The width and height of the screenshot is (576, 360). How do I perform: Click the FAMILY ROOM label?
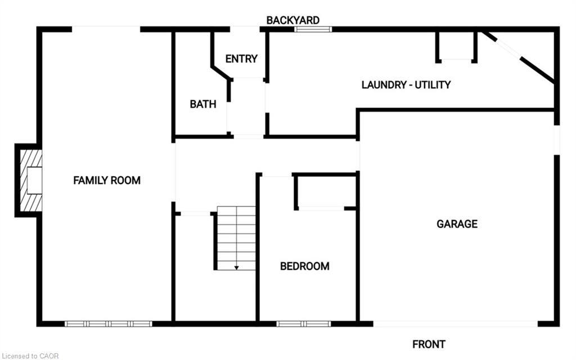(107, 181)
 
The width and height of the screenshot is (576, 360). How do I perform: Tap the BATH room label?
(202, 104)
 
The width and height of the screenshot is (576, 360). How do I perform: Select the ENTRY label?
(241, 58)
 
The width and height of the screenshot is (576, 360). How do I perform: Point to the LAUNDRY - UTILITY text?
(406, 85)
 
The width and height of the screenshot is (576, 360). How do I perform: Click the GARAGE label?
(457, 224)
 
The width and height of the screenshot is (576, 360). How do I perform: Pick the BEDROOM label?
(304, 266)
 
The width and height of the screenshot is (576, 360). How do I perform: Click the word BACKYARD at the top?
(292, 20)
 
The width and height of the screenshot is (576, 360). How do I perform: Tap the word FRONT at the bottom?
(429, 344)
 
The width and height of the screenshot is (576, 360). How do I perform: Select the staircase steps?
(236, 236)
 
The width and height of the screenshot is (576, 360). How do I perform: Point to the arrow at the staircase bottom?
(236, 267)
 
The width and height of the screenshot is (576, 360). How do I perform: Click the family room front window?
(108, 323)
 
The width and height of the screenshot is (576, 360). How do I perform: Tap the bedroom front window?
(304, 323)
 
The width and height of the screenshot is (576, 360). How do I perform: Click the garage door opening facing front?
(456, 323)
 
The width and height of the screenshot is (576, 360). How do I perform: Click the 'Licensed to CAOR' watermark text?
(30, 355)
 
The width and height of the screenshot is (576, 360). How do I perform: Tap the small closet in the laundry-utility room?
(456, 46)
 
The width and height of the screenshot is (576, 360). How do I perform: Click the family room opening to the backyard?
(106, 29)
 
